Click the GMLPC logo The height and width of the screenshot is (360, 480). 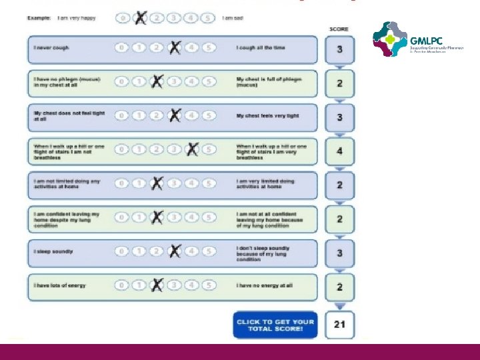[398, 41]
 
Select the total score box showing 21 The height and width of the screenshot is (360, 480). [339, 325]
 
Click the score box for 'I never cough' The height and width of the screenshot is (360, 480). [339, 49]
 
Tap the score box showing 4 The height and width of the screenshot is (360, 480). [339, 151]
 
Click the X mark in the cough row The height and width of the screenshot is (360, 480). [174, 47]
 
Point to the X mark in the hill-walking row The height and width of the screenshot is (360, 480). [192, 149]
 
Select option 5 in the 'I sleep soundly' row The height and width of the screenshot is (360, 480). [209, 251]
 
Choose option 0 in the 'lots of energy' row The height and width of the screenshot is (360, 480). [122, 285]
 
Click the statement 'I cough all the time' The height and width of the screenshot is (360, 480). [260, 48]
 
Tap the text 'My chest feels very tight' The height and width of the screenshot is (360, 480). [267, 116]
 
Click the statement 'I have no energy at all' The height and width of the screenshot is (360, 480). [264, 285]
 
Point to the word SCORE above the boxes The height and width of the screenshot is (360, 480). [339, 29]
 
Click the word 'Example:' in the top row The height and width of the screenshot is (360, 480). [39, 18]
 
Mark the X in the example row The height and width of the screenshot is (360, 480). [140, 18]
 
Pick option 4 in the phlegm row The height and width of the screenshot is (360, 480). [191, 81]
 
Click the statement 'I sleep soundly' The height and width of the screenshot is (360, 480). [53, 251]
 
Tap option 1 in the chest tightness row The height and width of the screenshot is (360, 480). [139, 115]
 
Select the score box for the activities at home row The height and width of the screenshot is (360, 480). [339, 185]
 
